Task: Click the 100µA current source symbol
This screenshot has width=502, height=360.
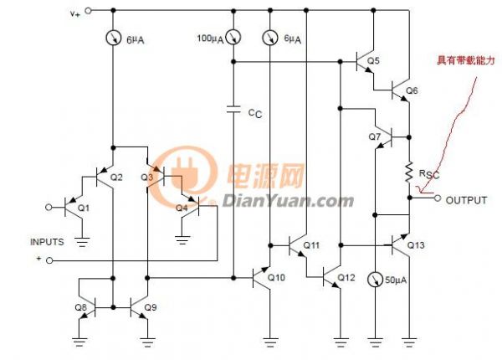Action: point(233,38)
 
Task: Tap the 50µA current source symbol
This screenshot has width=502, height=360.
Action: point(375,280)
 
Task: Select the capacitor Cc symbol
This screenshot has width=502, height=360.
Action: point(233,109)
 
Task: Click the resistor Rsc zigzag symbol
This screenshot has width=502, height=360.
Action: point(409,172)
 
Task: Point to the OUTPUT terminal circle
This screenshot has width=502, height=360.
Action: point(438,198)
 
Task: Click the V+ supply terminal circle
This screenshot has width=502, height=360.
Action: point(88,11)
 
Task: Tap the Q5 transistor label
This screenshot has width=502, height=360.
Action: point(373,60)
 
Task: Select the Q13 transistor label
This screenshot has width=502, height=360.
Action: point(416,245)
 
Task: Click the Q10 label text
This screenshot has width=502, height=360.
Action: point(276,277)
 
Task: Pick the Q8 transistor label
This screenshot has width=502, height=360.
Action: point(80,307)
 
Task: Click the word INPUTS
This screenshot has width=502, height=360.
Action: point(47,242)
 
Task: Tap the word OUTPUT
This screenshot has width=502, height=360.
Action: point(466,200)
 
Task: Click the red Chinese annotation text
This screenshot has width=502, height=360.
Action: point(466,60)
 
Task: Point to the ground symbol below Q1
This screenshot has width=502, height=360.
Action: point(82,241)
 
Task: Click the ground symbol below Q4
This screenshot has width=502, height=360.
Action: point(182,239)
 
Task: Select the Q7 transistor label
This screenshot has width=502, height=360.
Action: point(375,136)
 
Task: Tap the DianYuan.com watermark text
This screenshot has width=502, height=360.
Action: point(288,202)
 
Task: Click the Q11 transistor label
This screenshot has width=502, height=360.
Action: point(311,245)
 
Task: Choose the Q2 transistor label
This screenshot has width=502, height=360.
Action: point(116,177)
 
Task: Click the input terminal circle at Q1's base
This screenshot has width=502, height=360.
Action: point(49,208)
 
